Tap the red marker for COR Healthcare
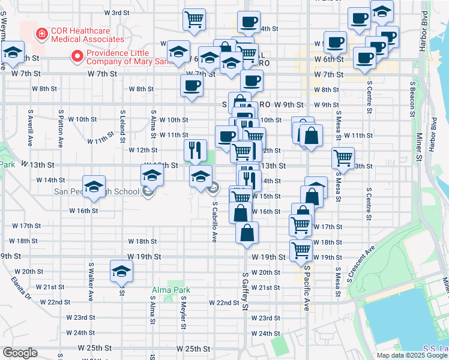[x=41, y=34]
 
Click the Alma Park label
[x=170, y=290]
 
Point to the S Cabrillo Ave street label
[x=214, y=221]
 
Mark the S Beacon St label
[x=413, y=99]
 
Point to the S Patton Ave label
[x=61, y=128]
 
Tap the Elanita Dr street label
[x=20, y=287]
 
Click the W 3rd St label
[x=116, y=13]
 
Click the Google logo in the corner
[x=20, y=353]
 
